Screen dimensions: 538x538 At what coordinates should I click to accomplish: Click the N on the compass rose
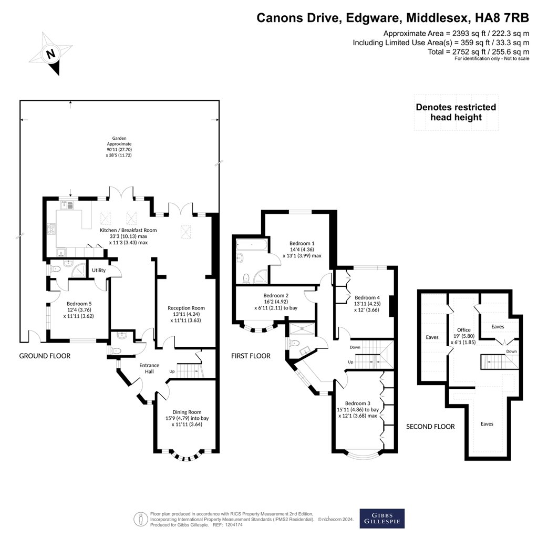(51, 54)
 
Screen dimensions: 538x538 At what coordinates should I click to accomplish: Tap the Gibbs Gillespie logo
(382, 518)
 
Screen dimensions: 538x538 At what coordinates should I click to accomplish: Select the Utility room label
(98, 270)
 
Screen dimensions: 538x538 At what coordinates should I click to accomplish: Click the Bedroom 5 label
(79, 304)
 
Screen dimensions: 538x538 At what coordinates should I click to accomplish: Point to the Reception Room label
(186, 308)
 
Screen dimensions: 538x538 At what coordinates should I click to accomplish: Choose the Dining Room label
(187, 412)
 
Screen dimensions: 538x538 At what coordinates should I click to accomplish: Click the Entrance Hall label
(149, 368)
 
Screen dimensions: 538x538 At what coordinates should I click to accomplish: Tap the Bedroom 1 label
(302, 243)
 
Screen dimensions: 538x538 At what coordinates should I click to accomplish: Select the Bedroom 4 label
(367, 297)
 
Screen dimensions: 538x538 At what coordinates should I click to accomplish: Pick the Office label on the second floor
(463, 330)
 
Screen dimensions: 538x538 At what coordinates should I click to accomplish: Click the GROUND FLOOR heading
(45, 356)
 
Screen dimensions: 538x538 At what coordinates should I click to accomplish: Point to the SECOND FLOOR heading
(430, 427)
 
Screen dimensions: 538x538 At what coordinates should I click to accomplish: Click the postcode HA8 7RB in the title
(502, 17)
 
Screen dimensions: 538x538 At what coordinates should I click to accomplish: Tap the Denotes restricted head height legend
(456, 112)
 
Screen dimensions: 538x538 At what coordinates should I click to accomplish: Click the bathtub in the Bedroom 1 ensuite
(252, 245)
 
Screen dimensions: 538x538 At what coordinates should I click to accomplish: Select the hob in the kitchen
(51, 229)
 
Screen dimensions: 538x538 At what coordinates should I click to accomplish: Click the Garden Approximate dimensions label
(119, 147)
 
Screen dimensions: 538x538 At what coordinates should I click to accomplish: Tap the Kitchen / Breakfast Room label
(128, 230)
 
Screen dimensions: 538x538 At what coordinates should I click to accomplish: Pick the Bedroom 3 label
(357, 403)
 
